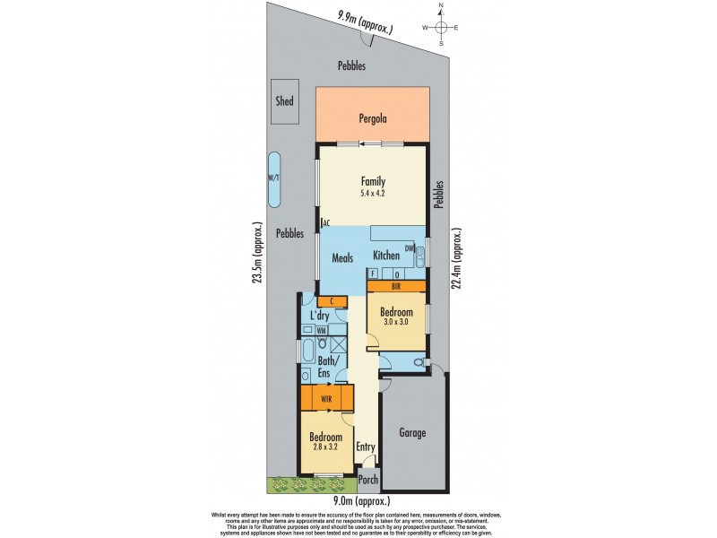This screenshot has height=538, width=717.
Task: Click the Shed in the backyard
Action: (284, 102)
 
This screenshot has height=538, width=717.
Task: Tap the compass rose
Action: (441, 27)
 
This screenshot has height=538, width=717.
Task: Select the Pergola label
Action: (372, 117)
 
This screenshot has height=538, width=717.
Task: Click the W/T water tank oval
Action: (273, 178)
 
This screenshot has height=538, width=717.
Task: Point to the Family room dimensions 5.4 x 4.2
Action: (373, 194)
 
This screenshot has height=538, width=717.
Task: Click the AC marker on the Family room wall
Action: (326, 222)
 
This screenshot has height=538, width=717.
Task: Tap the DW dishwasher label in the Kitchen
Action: (409, 248)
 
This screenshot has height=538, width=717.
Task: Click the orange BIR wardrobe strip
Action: (396, 286)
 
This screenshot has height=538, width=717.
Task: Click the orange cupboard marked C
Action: (332, 301)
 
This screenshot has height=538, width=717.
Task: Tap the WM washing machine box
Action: (321, 331)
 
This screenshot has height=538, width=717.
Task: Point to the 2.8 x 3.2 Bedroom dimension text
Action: (325, 448)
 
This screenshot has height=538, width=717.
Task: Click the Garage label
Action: (412, 432)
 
